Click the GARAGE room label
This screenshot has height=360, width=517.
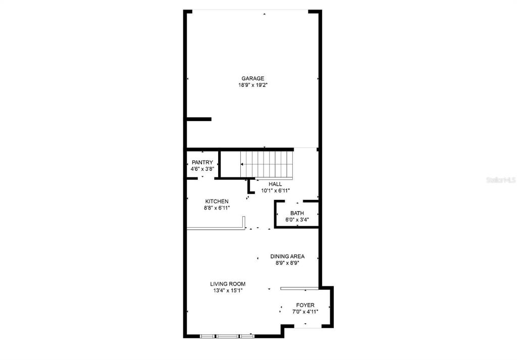[253, 78]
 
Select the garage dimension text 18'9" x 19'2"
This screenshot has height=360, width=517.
[253, 85]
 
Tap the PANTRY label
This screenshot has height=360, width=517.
[202, 163]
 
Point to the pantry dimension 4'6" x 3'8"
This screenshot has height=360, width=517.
[202, 169]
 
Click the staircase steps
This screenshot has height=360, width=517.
[267, 164]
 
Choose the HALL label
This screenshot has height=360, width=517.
[275, 184]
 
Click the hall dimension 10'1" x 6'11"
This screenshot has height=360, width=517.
[275, 190]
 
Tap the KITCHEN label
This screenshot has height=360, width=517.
[217, 201]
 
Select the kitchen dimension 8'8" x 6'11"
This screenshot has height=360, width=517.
[217, 208]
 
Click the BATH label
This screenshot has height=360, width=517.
[297, 213]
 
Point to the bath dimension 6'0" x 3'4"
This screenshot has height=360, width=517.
[297, 220]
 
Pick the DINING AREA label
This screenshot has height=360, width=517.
[287, 256]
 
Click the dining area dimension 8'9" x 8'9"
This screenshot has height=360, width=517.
[287, 263]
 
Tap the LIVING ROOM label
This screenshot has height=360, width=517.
[228, 284]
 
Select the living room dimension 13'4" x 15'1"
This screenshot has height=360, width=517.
[228, 290]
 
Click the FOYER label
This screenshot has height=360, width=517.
[305, 305]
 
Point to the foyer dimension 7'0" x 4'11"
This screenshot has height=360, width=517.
[305, 312]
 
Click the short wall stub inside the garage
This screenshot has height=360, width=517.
[199, 119]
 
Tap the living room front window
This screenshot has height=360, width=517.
[227, 336]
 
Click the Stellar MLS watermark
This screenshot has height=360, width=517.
[501, 180]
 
